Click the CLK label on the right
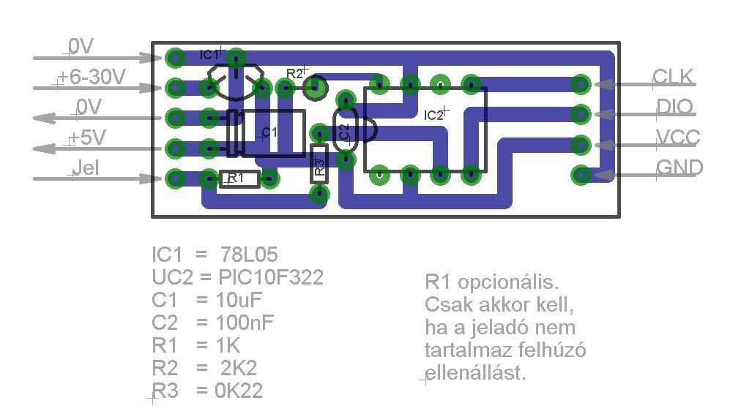[672, 77]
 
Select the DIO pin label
[674, 107]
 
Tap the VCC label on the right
[677, 138]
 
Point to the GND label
[679, 168]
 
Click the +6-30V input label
[92, 77]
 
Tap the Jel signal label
[86, 168]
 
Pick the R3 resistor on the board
[319, 164]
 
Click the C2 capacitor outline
[345, 132]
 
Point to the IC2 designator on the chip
[433, 115]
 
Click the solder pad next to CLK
[581, 83]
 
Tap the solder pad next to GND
[581, 175]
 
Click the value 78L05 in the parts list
[249, 255]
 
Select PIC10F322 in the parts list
[271, 277]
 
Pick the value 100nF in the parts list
[245, 323]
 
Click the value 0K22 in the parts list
[239, 391]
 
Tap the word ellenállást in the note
[475, 373]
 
